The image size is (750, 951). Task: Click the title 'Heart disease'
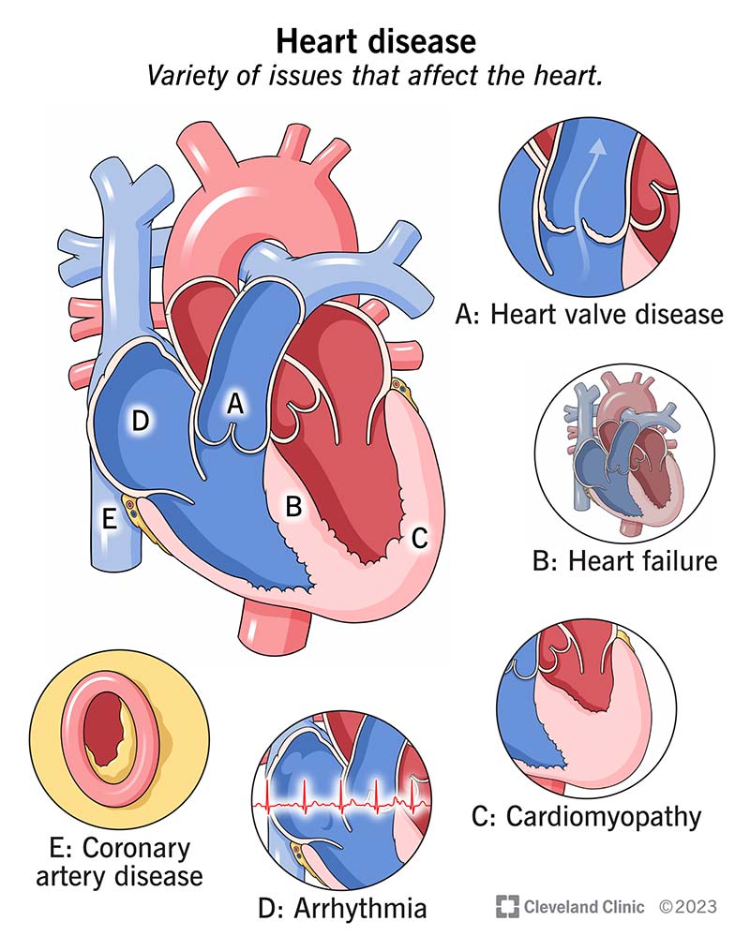coord(374,41)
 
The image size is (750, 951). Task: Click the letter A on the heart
coord(236,404)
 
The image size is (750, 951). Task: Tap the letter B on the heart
coord(293,507)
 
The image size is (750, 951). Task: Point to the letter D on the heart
coord(141,422)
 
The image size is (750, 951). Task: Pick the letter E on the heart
coord(110,521)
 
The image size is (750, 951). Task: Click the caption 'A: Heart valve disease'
coord(589,313)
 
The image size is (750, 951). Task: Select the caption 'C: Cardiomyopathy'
coord(586,816)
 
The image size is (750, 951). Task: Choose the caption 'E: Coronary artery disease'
coord(117,862)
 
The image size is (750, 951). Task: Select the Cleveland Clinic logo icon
coord(507,906)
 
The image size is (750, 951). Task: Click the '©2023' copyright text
coord(687,906)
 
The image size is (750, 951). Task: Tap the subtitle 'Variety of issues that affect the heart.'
coord(374,76)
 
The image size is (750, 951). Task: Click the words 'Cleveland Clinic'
coord(583,906)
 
